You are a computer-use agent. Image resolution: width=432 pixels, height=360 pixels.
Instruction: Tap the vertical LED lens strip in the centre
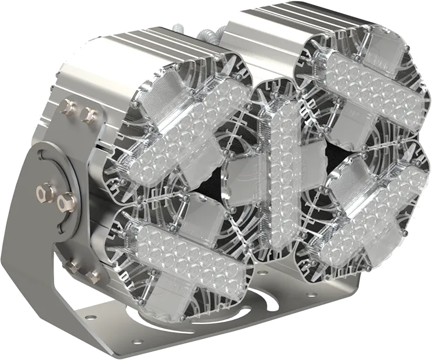pos(285,168)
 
